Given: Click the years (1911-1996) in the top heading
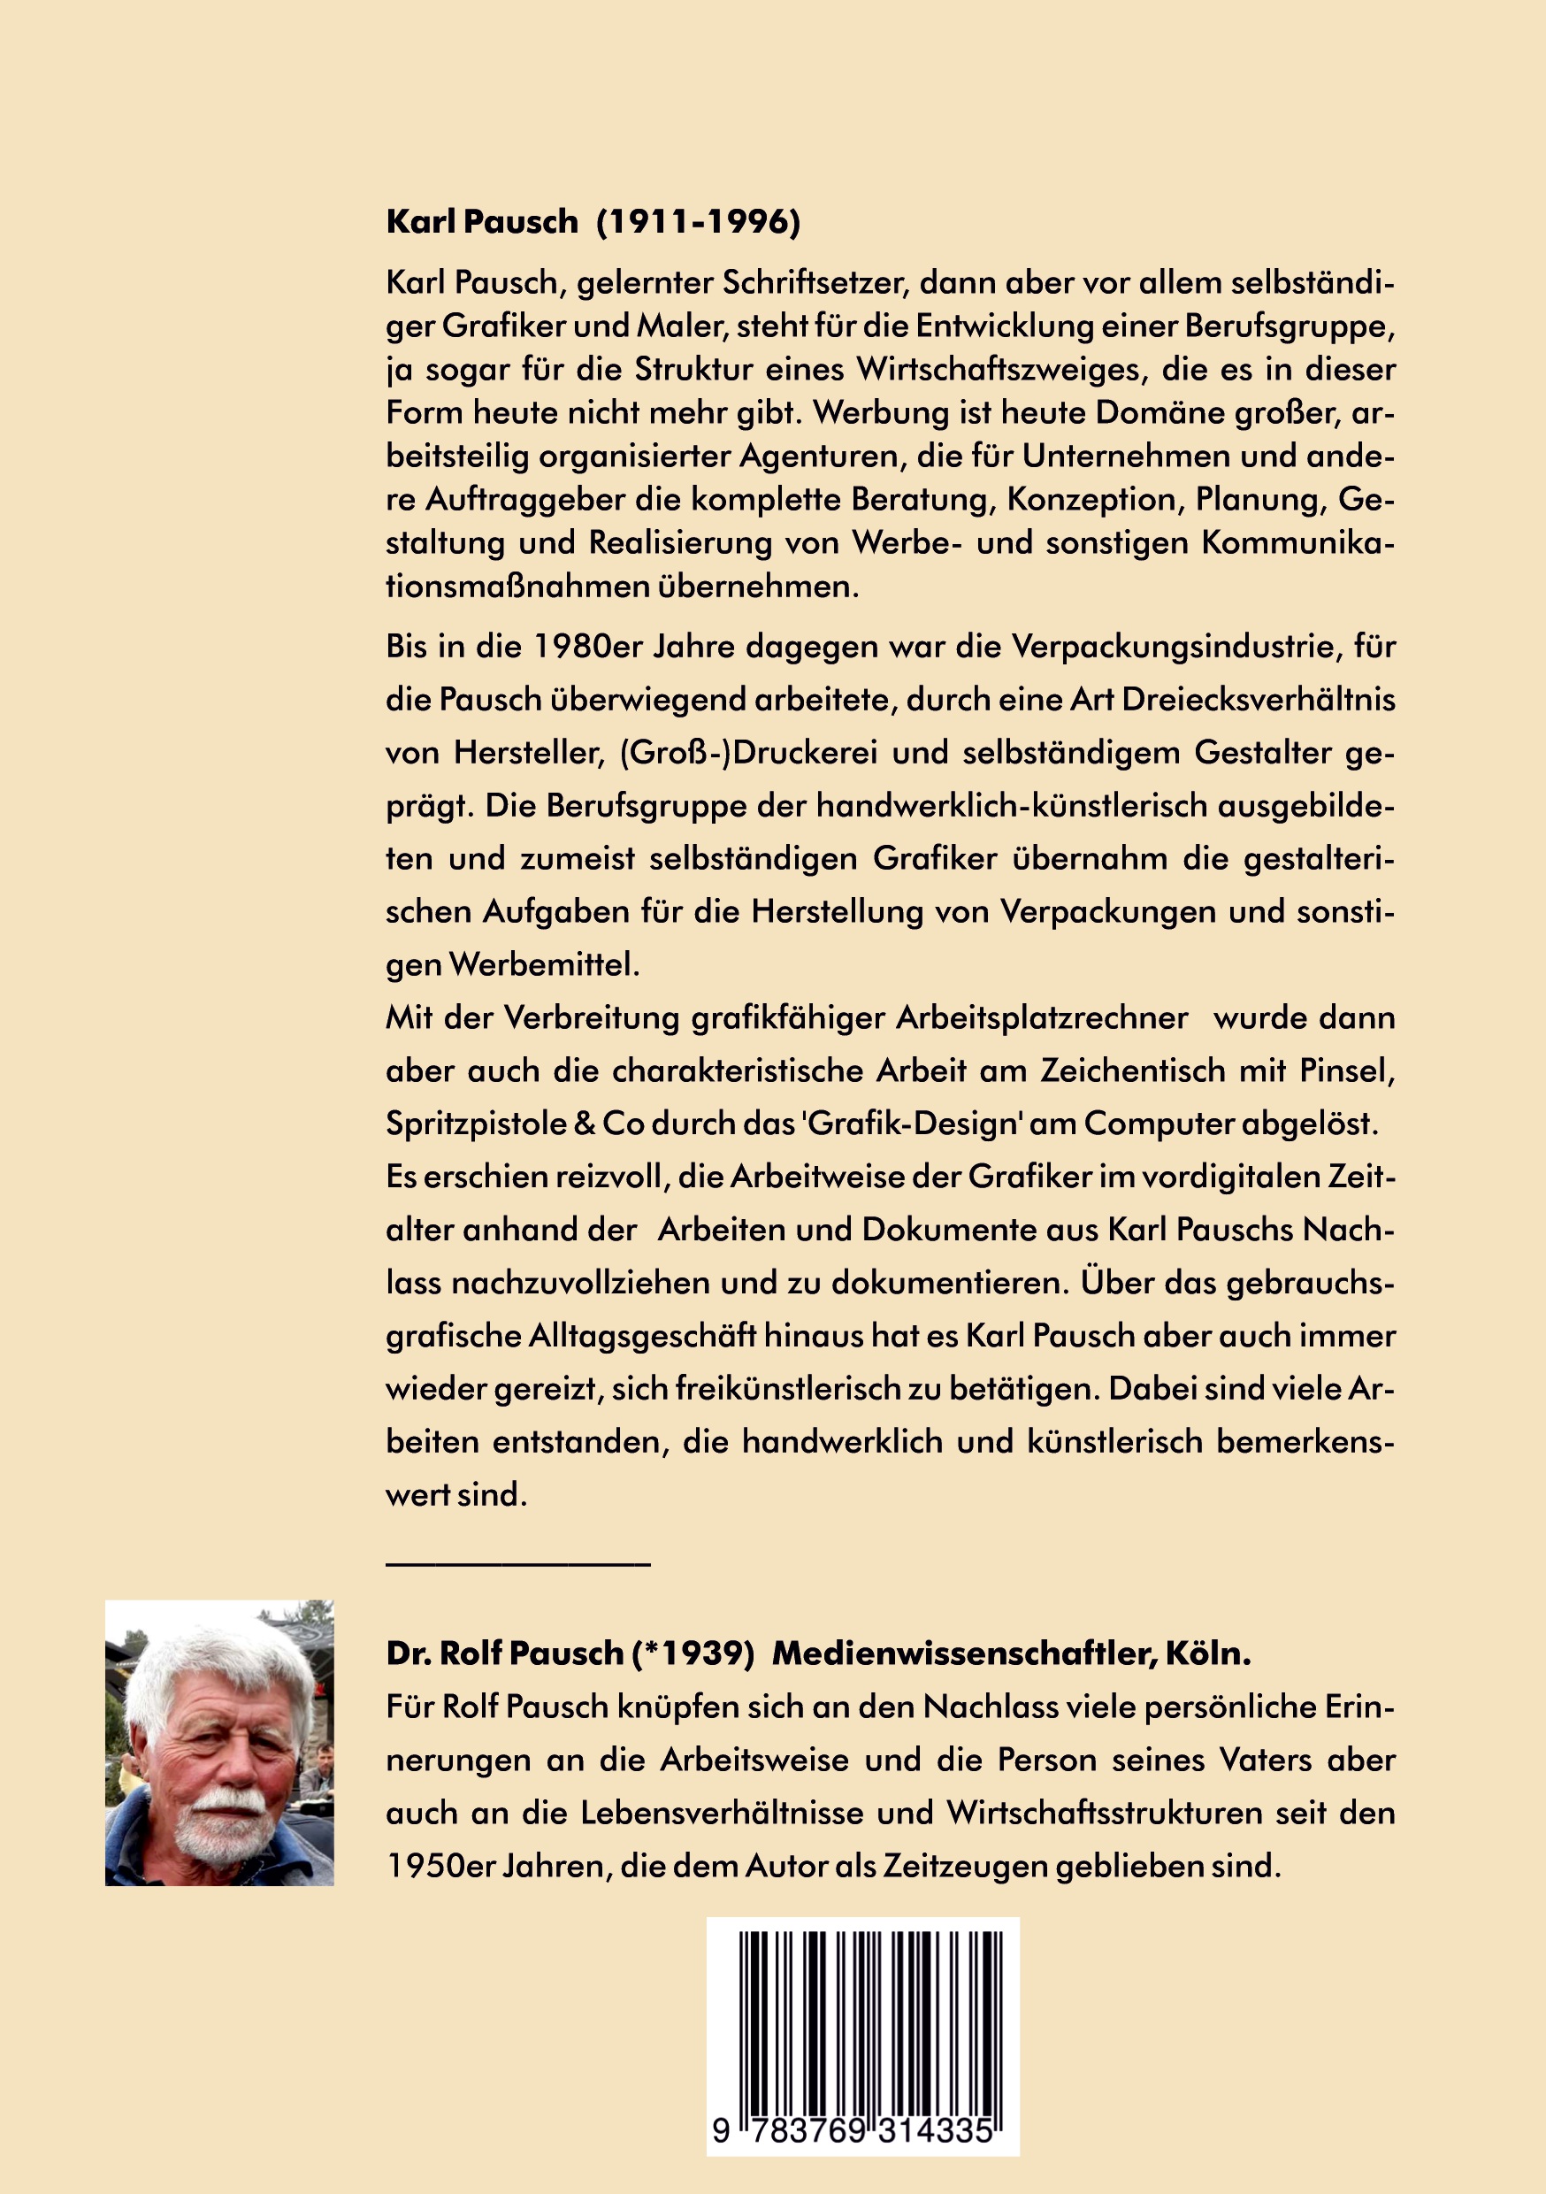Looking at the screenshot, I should click(699, 222).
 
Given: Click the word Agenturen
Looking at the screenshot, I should click(821, 456).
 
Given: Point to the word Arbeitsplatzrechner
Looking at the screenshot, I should click(1042, 1017).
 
